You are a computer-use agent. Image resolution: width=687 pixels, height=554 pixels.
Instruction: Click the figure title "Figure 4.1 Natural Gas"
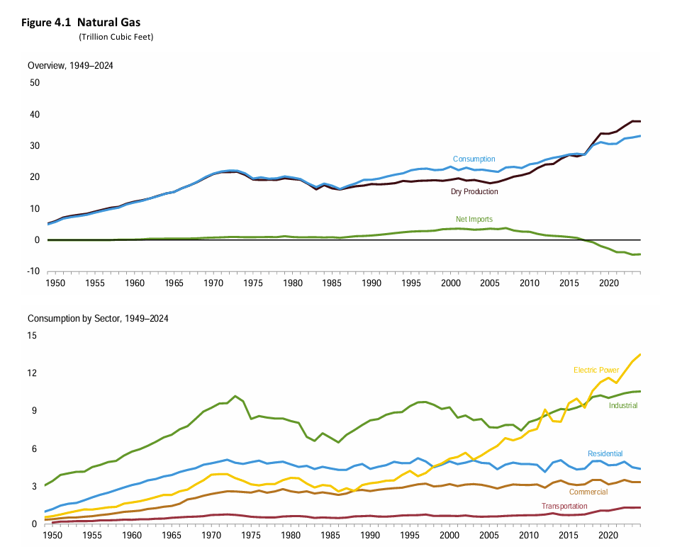(82, 23)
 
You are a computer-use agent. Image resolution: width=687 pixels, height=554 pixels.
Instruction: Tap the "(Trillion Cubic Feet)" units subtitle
(116, 37)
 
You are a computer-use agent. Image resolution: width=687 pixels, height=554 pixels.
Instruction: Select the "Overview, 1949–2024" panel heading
(70, 66)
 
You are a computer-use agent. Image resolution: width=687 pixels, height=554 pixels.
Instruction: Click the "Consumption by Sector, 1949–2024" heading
(98, 319)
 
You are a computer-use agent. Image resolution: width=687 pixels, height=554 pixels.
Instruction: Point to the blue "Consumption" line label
(474, 159)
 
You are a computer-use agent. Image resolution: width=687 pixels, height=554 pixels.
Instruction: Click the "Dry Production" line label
(474, 192)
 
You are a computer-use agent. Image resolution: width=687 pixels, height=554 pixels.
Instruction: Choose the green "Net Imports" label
(474, 220)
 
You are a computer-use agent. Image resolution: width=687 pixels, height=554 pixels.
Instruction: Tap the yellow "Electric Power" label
(596, 370)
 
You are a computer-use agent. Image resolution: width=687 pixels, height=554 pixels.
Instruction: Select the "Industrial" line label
(623, 406)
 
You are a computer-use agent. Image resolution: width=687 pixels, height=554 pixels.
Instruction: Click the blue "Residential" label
(605, 453)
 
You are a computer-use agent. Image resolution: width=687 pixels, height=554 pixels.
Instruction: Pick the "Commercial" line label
(588, 491)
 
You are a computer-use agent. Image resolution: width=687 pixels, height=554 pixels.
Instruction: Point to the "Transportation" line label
(564, 507)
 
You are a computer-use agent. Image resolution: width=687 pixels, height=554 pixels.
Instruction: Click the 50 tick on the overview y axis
(34, 83)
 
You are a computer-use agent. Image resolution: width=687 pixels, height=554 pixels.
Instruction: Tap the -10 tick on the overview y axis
(33, 271)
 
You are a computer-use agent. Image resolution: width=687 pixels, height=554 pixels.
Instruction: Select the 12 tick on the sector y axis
(33, 373)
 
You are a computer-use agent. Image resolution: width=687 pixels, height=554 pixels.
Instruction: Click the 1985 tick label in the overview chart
(331, 283)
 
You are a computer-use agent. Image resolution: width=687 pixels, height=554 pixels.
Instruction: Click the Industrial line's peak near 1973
(235, 396)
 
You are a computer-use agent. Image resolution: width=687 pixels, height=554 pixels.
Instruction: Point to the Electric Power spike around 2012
(544, 409)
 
